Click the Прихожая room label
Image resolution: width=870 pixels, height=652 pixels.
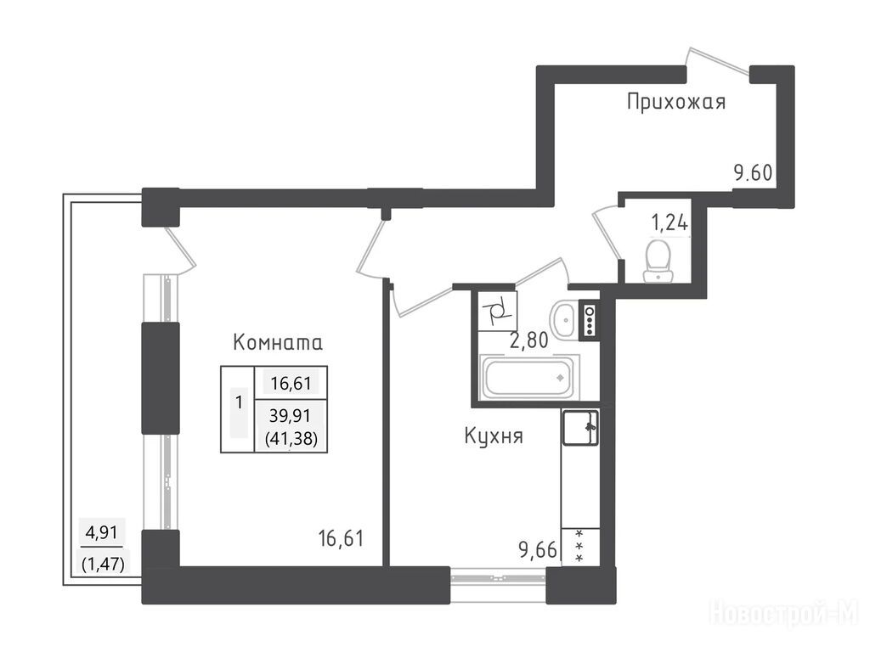[x=675, y=102]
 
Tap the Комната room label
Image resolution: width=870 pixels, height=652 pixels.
[x=278, y=342]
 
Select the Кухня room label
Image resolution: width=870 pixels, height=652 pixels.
[x=494, y=436]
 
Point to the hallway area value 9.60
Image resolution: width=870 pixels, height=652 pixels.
[x=753, y=173]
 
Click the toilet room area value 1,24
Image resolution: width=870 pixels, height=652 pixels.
[x=669, y=223]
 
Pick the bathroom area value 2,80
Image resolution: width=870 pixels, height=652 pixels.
[x=528, y=340]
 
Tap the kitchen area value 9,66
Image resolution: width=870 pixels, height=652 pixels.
[x=537, y=550]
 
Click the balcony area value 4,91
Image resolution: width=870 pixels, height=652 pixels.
[x=102, y=533]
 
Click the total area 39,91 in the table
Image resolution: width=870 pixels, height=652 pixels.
[x=291, y=414]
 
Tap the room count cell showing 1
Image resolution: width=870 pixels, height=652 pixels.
[x=239, y=402]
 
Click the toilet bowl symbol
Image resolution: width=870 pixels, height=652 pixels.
[x=658, y=261]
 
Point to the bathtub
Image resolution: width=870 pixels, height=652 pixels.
[x=528, y=378]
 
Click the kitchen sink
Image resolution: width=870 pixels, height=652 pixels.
[x=580, y=428]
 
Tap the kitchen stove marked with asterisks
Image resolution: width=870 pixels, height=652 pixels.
[x=580, y=547]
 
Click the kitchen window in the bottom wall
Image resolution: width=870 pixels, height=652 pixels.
[x=498, y=577]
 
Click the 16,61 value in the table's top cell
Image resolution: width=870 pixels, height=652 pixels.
[x=291, y=383]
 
